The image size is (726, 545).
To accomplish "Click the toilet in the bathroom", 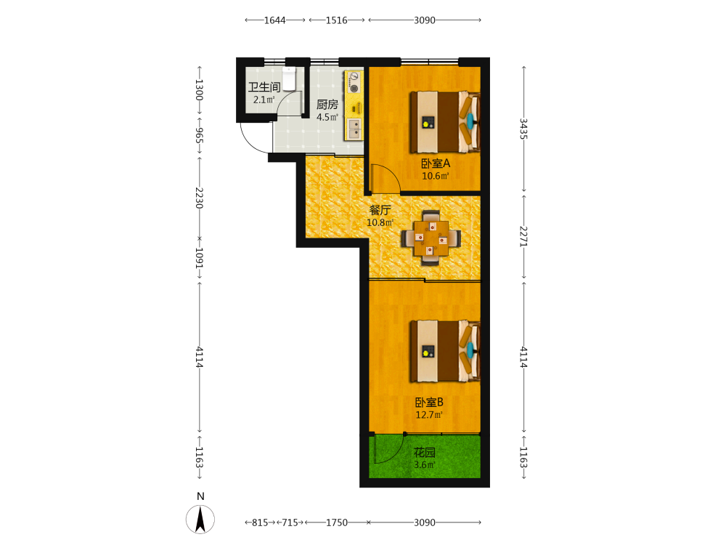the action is coord(289,78).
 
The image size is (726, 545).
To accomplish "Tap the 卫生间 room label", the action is coord(264,87).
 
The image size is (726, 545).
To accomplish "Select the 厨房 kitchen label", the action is coord(327,105).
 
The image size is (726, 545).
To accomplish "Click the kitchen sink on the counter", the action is coord(354,129).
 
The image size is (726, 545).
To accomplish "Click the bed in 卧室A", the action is coord(445,122).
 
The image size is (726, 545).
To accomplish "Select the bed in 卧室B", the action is coord(445,351).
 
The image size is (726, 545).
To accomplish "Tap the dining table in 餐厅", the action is coord(431,238).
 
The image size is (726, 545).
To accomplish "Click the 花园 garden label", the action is coord(425,452).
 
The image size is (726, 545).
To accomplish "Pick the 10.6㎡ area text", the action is coord(435,176).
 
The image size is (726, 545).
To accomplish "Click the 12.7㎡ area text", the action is coord(429,415).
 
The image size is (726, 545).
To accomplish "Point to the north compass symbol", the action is coord(200,519).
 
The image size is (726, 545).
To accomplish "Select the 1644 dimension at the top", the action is coord(275,20).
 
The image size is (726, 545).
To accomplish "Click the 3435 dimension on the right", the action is coord(523,129).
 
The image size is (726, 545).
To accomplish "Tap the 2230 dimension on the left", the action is coord(200,198).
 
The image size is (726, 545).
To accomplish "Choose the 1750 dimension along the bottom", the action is coord(337,522).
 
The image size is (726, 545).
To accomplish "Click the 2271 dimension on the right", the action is coord(523,236).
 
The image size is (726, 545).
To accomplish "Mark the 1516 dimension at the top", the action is coord(337,20).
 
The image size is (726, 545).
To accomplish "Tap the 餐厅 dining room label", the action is coord(380,210).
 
